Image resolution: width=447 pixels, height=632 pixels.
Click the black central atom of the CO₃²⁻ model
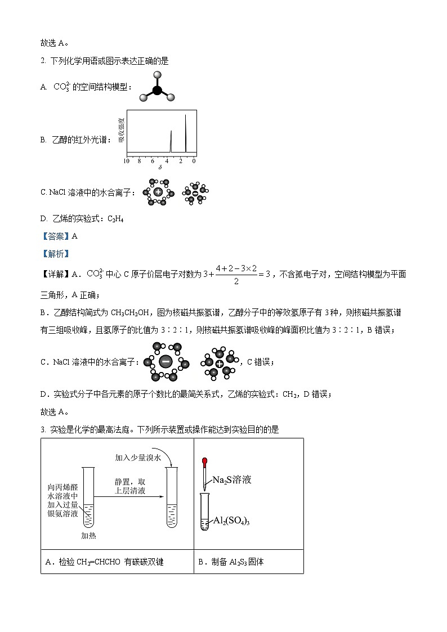[x=158, y=90]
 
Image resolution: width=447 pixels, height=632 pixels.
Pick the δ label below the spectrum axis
[x=160, y=168]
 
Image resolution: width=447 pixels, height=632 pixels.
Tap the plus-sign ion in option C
[x=158, y=192]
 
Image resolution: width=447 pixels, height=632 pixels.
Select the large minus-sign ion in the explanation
[x=165, y=362]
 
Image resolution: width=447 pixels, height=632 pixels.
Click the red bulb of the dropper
[x=205, y=462]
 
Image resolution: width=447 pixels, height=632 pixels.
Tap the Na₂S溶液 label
[x=231, y=480]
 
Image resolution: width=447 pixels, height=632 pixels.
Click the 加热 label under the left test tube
[x=88, y=536]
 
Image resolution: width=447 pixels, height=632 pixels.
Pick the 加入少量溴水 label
[x=138, y=458]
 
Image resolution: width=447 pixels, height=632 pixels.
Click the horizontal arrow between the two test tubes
[x=129, y=497]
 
